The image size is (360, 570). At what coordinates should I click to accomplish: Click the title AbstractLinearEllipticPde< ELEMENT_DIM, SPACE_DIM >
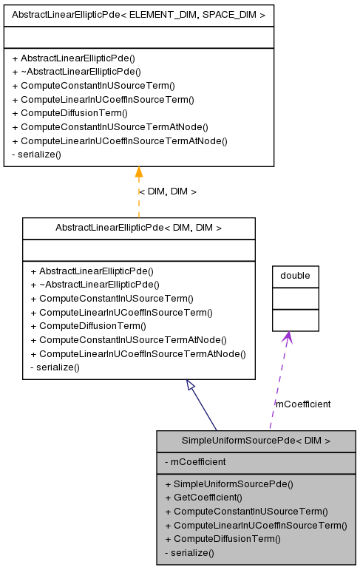coord(138,14)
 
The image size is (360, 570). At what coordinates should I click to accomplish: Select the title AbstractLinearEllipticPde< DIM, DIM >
coord(138,228)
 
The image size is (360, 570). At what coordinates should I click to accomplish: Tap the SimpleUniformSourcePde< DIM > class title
coord(256,441)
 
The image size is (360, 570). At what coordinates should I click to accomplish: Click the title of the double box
coord(295,276)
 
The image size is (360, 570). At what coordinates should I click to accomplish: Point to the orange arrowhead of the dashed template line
coord(138,173)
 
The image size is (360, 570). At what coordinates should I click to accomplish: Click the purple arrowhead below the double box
coord(287,337)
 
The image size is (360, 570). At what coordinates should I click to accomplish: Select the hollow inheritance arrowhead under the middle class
coord(191,385)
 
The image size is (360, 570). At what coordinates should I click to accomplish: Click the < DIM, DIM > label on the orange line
coord(168,191)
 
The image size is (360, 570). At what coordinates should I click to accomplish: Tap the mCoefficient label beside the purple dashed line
coord(303,404)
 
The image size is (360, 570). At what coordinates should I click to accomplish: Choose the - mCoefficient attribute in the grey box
coord(195,462)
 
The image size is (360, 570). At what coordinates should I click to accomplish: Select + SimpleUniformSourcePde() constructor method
coord(228,484)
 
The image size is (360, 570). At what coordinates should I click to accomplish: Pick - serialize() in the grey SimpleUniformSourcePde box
coord(189,552)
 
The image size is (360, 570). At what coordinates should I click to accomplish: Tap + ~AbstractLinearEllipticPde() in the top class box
coord(76,72)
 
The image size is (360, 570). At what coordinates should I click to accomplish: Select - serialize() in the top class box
coord(36,155)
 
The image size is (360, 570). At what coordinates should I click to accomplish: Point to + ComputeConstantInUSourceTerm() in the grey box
coord(245,512)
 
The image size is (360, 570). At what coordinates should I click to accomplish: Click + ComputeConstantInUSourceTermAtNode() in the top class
coord(110,127)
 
